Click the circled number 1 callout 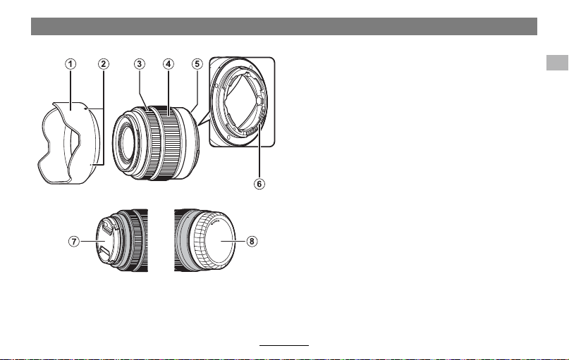coord(71,64)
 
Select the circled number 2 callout coord(104,64)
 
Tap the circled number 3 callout coord(140,64)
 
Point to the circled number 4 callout coord(168,64)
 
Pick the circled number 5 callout coord(197,64)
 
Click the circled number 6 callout coord(259,184)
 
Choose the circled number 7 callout coord(74,241)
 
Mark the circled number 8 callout coord(252,241)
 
